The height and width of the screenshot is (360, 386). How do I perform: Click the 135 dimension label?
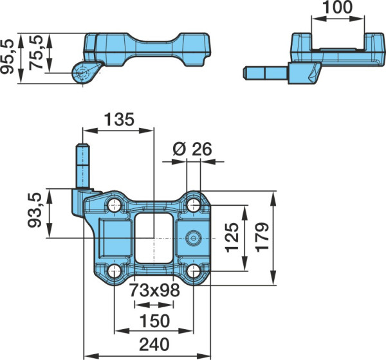point(120,120)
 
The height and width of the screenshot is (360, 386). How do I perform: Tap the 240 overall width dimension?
point(154,345)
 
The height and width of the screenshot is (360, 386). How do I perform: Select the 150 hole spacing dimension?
point(154,321)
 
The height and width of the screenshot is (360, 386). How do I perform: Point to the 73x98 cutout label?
point(154,290)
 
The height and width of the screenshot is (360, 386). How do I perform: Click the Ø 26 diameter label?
point(192,149)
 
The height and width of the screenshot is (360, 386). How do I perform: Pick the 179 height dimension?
point(262,237)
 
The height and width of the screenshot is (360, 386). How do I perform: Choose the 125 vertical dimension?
point(232,238)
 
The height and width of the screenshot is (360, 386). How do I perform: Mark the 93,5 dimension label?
point(35,210)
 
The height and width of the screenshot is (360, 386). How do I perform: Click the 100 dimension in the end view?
point(338,7)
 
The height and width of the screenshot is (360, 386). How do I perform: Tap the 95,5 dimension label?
point(7,57)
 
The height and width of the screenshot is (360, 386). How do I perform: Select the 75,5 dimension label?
point(36,53)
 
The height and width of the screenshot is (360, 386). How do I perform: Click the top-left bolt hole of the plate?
point(115,205)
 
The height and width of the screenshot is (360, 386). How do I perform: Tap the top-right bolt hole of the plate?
point(194,205)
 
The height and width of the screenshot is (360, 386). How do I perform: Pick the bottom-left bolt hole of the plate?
point(115,271)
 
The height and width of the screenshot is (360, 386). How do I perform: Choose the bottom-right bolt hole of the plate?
point(194,271)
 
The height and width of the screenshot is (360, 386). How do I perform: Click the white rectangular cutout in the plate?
point(154,239)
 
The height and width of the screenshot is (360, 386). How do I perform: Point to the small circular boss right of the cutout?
point(194,238)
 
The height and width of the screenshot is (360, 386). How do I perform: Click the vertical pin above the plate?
point(83,166)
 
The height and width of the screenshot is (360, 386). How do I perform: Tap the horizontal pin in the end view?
point(265,73)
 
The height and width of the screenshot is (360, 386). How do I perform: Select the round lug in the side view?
point(82,73)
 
